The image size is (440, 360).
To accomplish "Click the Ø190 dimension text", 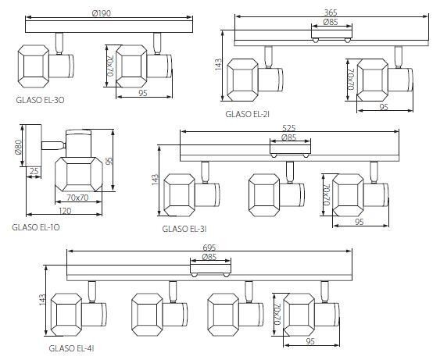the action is click(102, 13).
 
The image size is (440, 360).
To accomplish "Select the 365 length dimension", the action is click(331, 12).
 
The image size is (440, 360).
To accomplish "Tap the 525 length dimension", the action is click(288, 128).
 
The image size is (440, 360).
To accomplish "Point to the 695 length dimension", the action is click(209, 248).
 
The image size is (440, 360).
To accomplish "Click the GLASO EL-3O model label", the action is click(40, 100).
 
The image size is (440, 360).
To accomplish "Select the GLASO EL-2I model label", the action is click(248, 114).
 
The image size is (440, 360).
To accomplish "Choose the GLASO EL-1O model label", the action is click(36, 227).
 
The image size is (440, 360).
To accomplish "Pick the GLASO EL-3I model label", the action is click(184, 229).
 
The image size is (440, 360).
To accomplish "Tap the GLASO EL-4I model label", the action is click(71, 348).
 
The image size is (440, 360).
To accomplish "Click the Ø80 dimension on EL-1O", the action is click(18, 147).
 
